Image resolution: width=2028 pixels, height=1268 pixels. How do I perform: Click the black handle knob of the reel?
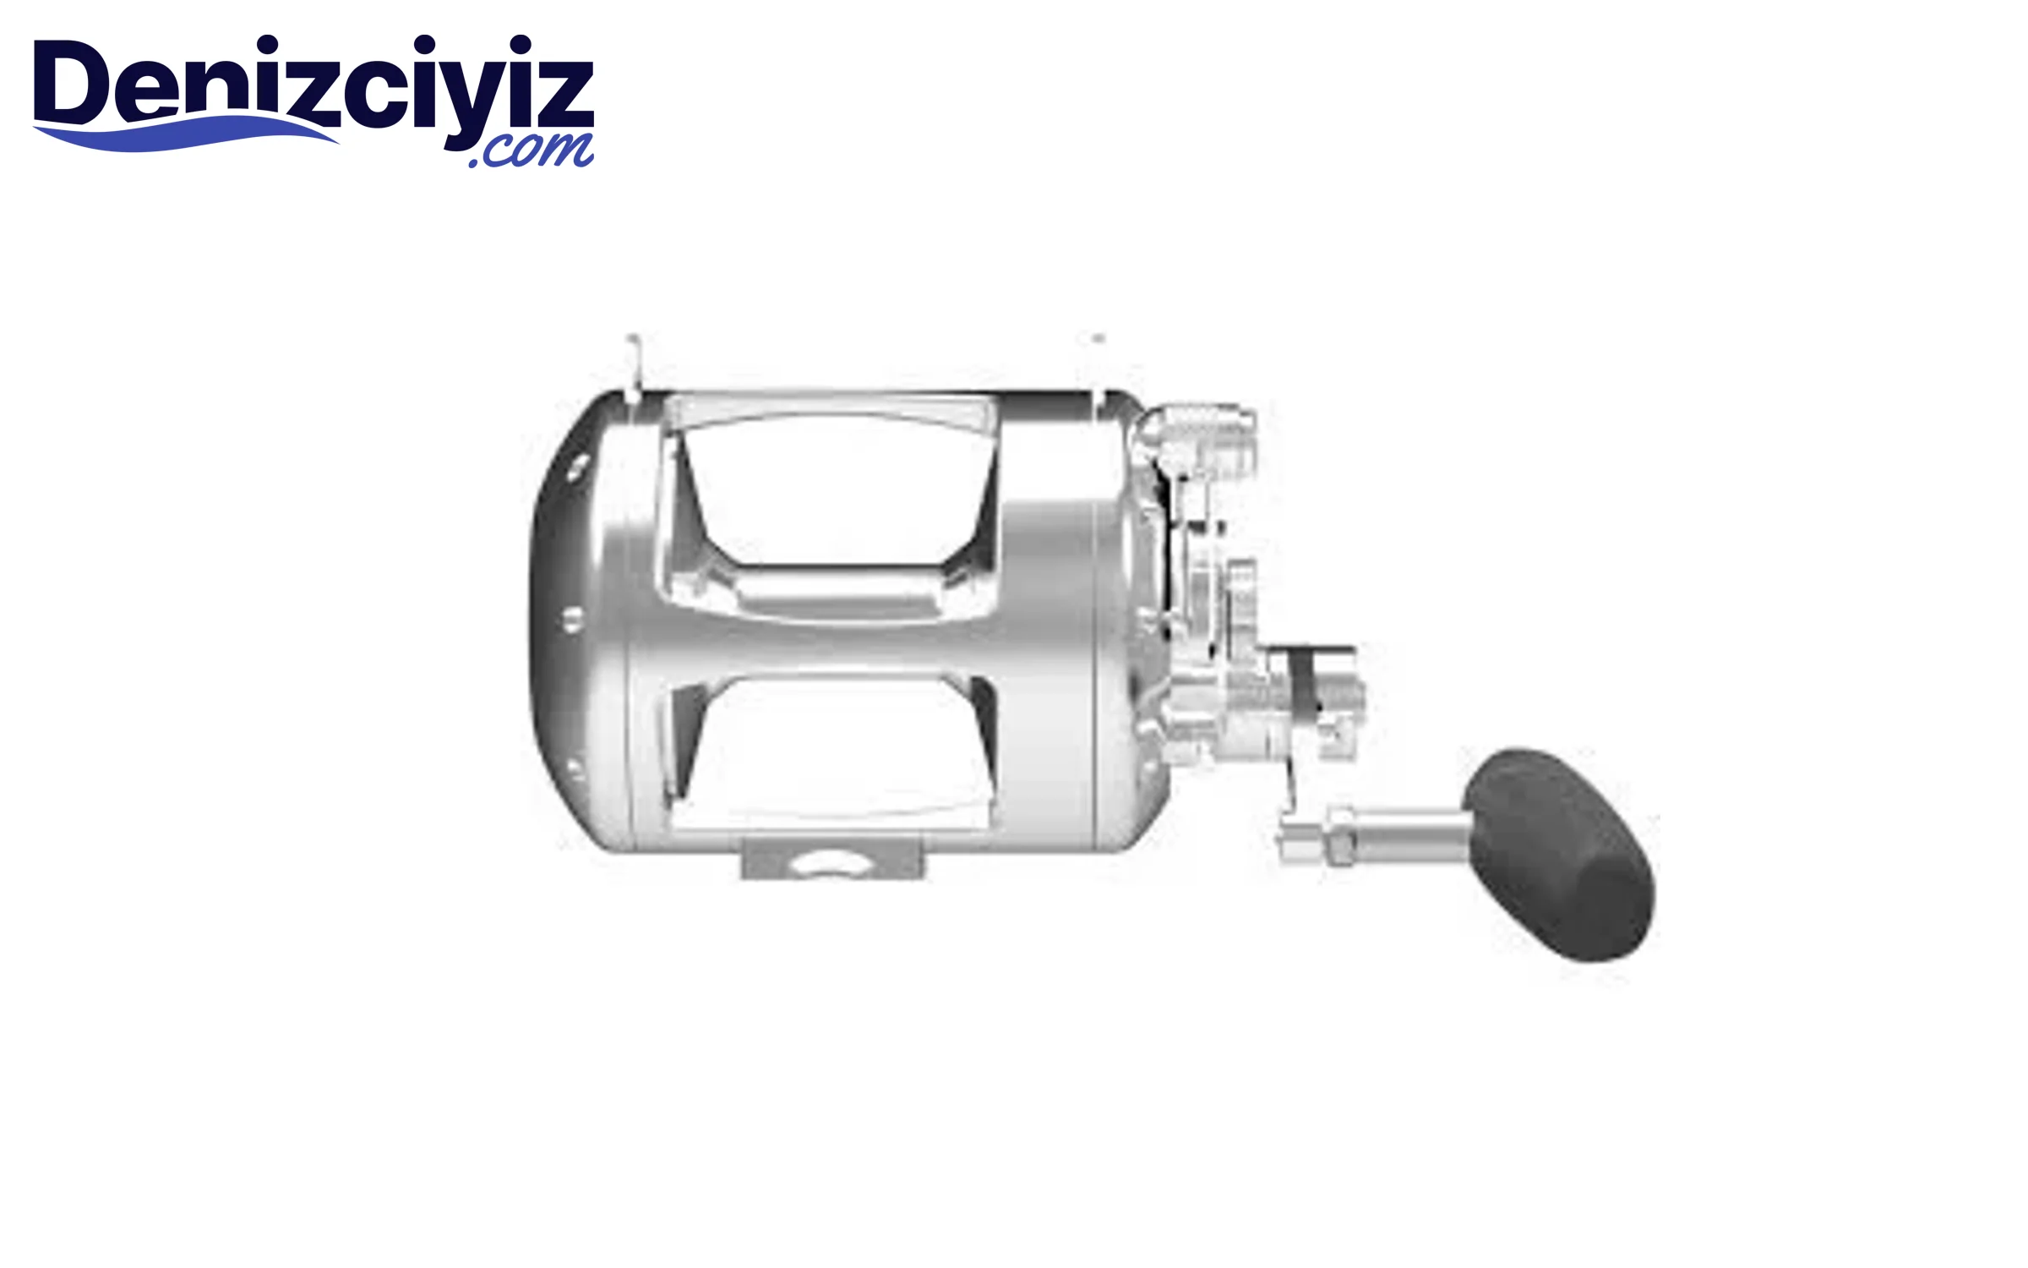pyautogui.click(x=1559, y=854)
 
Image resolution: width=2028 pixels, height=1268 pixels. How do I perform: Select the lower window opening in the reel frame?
pyautogui.click(x=832, y=748)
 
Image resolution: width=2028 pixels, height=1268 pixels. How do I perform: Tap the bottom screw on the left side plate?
pyautogui.click(x=575, y=769)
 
